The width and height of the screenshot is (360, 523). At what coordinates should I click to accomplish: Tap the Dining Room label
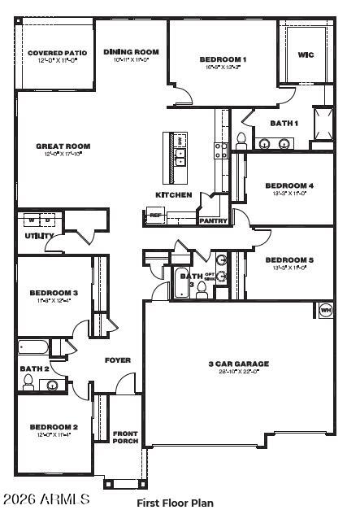[131, 52]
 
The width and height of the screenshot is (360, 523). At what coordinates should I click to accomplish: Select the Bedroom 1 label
[223, 59]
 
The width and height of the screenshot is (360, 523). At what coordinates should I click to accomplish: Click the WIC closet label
[306, 55]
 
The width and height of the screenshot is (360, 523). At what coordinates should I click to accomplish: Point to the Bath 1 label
[284, 123]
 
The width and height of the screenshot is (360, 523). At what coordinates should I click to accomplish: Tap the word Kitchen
[174, 194]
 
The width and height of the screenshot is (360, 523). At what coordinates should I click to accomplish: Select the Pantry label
[213, 220]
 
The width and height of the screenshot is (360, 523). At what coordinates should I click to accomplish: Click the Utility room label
[39, 236]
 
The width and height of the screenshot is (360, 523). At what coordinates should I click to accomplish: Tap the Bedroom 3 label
[54, 293]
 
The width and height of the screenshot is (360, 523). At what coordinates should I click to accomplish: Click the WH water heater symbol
[325, 309]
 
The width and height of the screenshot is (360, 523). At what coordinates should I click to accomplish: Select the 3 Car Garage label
[238, 364]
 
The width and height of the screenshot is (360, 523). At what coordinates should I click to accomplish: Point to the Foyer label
[118, 360]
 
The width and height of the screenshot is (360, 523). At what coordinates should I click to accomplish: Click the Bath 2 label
[34, 368]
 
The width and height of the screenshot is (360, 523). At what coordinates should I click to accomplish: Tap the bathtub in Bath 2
[34, 348]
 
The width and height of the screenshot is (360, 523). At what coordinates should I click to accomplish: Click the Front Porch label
[125, 438]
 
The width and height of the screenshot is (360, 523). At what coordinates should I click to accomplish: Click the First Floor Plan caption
[175, 503]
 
